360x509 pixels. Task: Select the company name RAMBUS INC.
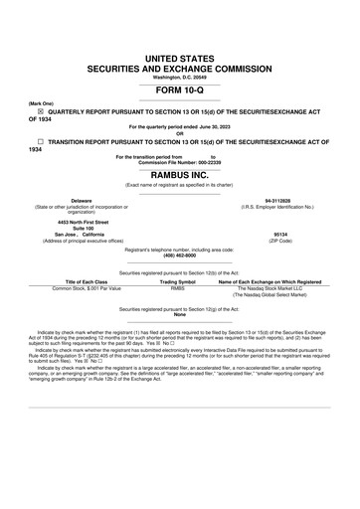click(x=179, y=172)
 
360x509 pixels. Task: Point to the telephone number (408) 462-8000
click(x=179, y=254)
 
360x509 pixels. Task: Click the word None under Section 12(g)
click(x=179, y=316)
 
